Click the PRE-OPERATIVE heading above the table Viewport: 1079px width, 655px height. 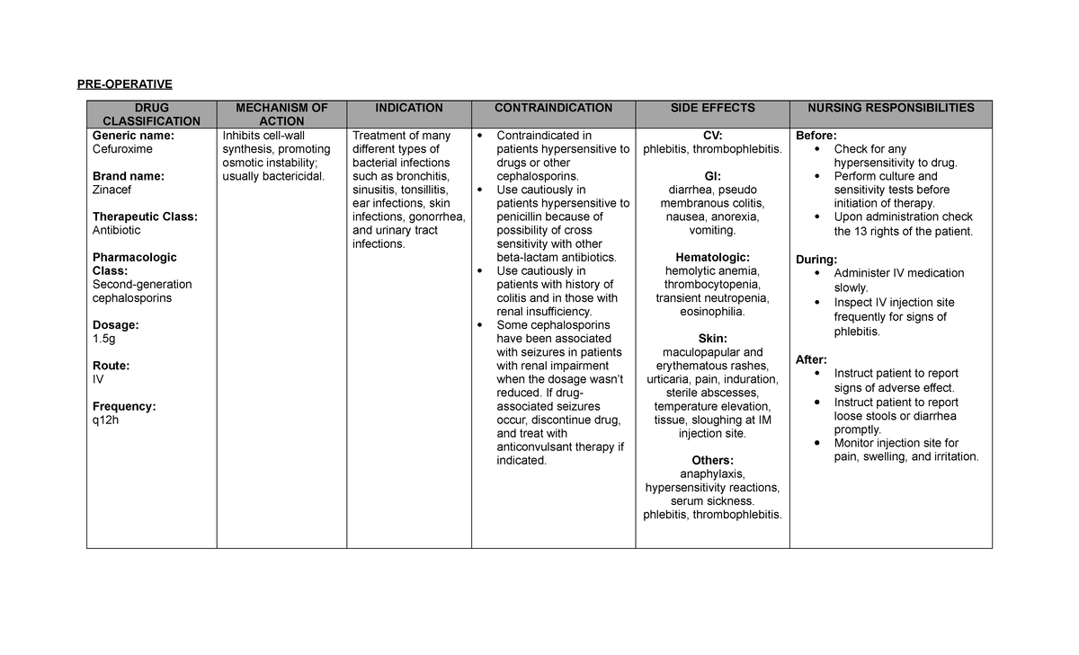124,84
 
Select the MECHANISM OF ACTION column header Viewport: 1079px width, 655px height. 281,114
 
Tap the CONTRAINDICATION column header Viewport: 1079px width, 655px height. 553,108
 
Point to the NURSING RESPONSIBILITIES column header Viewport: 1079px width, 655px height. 890,108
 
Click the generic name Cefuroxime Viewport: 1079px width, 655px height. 123,149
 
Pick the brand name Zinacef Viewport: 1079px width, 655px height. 112,190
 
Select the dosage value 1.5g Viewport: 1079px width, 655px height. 104,339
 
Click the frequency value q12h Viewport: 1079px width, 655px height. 106,420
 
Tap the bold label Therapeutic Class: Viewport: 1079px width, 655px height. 145,217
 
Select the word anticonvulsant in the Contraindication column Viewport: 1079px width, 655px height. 535,447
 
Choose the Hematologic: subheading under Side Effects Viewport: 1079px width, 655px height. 712,257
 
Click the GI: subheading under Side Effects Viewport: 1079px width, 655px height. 712,176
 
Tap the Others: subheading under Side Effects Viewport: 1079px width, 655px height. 712,461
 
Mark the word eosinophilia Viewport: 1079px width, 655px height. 712,312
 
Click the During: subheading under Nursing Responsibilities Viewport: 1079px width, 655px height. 816,260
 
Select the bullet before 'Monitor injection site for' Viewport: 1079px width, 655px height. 816,443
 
